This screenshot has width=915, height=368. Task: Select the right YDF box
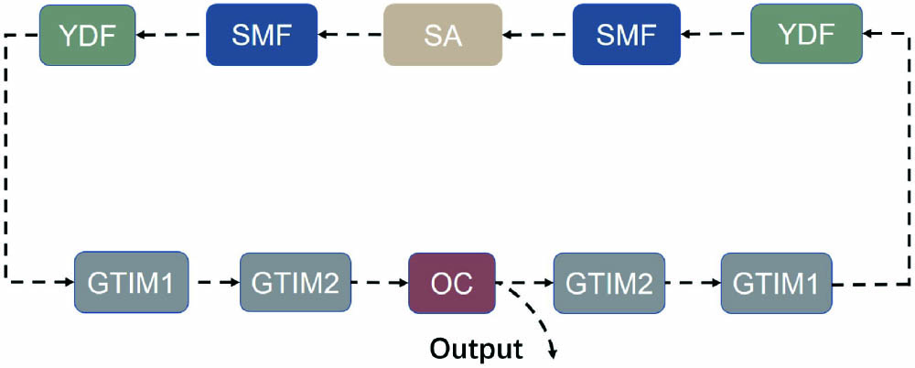click(806, 35)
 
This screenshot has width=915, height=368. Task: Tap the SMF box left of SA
click(262, 35)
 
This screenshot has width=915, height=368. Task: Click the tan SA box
click(442, 35)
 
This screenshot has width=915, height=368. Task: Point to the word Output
click(477, 349)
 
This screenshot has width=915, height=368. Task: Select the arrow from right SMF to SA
click(538, 36)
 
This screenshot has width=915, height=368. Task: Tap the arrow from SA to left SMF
click(350, 36)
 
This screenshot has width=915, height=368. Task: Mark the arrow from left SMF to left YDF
click(172, 36)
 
